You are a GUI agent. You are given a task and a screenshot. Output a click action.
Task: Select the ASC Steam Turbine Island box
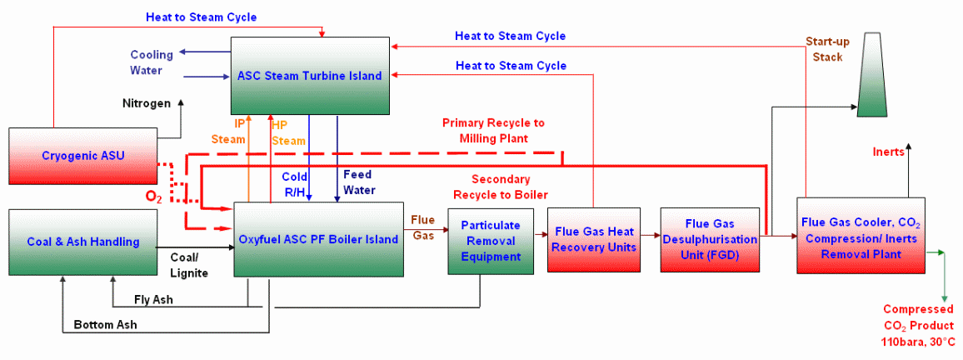pyautogui.click(x=310, y=76)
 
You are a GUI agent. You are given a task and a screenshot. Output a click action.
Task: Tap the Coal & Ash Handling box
pyautogui.click(x=82, y=242)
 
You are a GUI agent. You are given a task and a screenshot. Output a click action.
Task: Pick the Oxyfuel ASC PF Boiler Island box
pyautogui.click(x=318, y=239)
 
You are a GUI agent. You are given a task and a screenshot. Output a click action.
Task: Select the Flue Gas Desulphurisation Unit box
pyautogui.click(x=711, y=239)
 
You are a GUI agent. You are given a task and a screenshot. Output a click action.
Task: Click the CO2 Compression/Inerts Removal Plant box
pyautogui.click(x=861, y=236)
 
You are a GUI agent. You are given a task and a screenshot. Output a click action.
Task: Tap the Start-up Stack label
pyautogui.click(x=825, y=49)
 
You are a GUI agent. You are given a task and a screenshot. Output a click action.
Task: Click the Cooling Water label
pyautogui.click(x=152, y=62)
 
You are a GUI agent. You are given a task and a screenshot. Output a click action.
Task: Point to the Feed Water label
pyautogui.click(x=360, y=182)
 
